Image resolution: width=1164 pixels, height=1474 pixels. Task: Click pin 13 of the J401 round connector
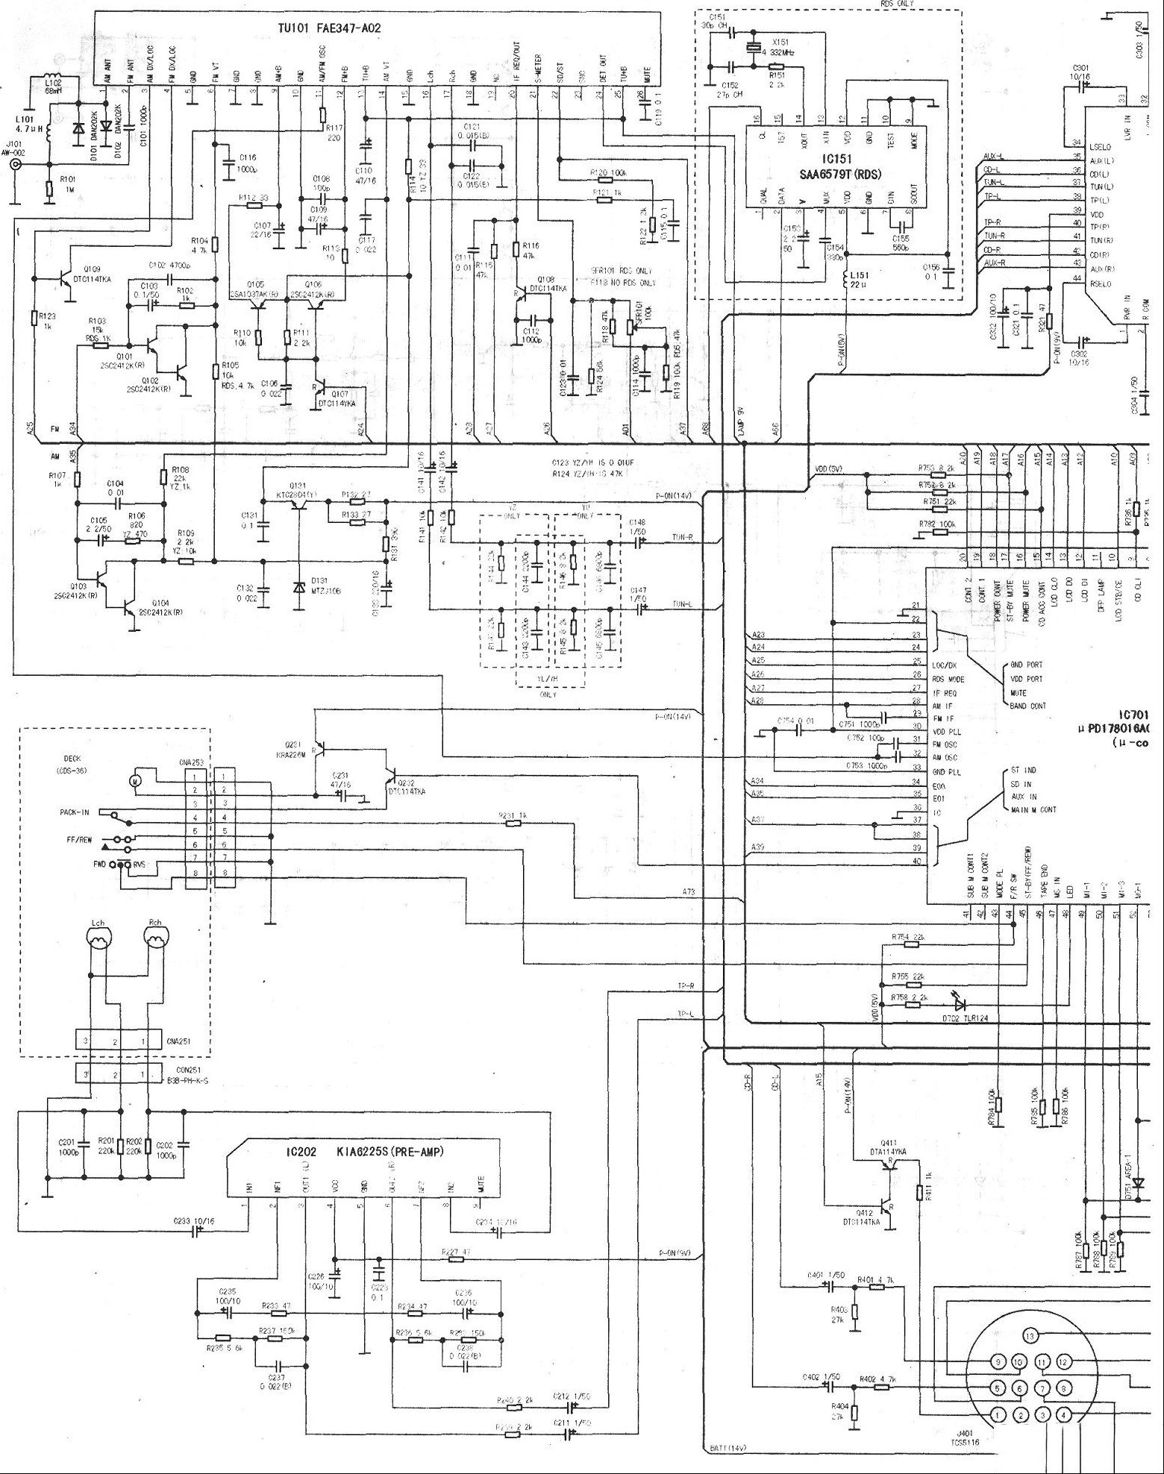(1030, 1335)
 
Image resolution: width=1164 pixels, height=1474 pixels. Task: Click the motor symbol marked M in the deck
(136, 780)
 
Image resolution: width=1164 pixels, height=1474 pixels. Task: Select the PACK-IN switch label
(76, 812)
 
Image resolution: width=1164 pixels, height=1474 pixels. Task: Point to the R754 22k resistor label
(908, 937)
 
